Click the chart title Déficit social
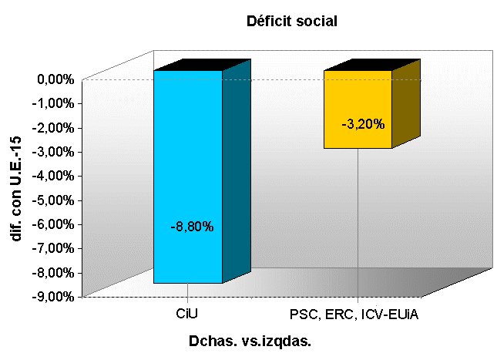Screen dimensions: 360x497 point(292,21)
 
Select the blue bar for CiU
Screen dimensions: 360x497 point(188,154)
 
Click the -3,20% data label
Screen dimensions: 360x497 point(362,123)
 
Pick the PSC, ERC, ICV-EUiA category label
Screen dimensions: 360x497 point(354,315)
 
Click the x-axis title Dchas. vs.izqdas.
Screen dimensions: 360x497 point(254,340)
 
